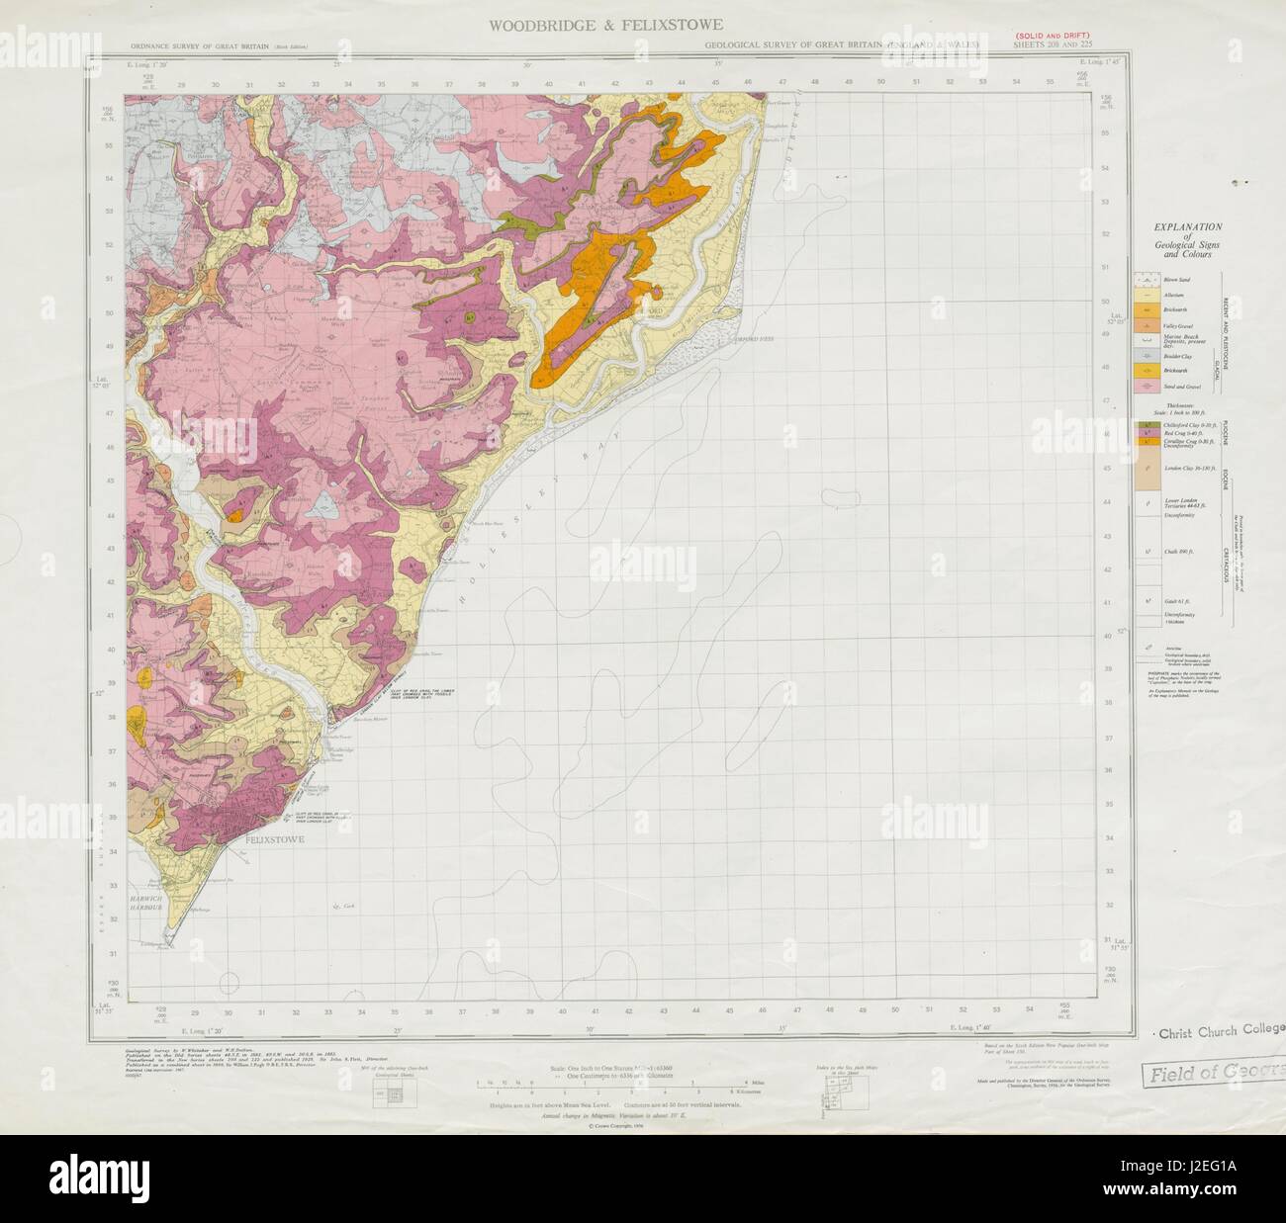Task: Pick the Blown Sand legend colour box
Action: [1146, 280]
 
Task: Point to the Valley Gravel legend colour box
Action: [1146, 323]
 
